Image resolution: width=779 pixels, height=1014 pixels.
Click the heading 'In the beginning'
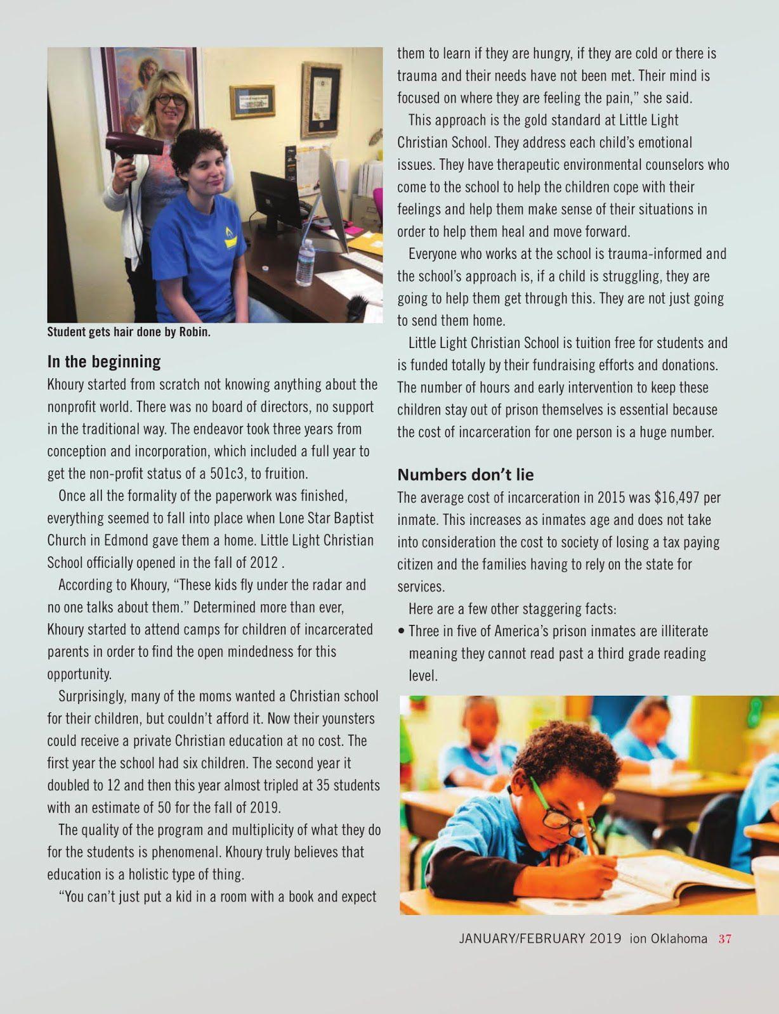[104, 362]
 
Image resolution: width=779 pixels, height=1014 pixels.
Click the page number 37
[724, 939]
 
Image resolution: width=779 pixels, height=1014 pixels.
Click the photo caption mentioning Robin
[129, 332]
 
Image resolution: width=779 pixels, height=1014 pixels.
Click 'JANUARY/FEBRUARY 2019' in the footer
[540, 939]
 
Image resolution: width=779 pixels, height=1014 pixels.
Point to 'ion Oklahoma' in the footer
[668, 939]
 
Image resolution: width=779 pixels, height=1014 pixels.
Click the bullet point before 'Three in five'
[402, 631]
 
